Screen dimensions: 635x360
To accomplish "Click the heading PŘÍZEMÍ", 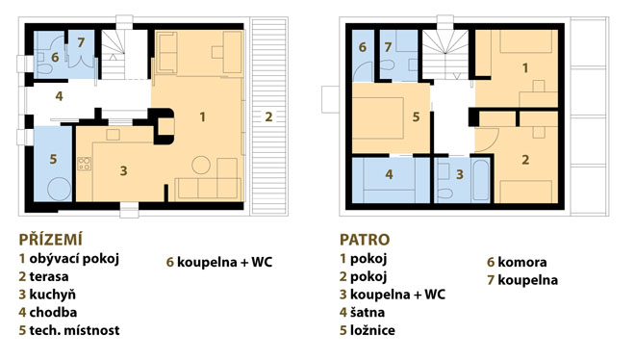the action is coord(51,240).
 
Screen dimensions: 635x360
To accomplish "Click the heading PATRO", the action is coord(365,240).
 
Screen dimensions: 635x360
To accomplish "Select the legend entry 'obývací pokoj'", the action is coord(74,259).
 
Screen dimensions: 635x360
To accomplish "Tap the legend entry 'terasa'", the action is coord(49,276).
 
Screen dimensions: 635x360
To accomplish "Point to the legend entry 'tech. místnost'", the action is coord(74,330).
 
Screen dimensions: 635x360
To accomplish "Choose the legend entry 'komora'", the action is coord(522,262).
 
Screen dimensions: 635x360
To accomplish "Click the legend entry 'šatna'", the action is coord(368,312).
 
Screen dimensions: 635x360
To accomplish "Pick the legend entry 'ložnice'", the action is coord(372,330).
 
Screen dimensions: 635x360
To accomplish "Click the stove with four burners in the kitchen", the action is coord(85,164).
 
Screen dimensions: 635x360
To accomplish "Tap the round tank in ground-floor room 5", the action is coord(59,189).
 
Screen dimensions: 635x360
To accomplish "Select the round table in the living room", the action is coord(201,165).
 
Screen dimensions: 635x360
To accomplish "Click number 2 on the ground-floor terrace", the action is coord(268,116).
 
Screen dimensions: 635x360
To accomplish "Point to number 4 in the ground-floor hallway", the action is coord(59,96).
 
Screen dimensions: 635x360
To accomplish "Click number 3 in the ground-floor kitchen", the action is coord(123,171).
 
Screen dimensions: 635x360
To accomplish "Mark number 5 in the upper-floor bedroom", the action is coord(416,116).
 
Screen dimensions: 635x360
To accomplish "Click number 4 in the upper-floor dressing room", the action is coord(389,174).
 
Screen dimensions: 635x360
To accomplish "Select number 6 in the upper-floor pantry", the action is coord(363,47).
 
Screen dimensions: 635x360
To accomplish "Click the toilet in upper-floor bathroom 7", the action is coord(387,64).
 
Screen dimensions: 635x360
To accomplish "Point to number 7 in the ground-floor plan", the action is coord(81,42).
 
